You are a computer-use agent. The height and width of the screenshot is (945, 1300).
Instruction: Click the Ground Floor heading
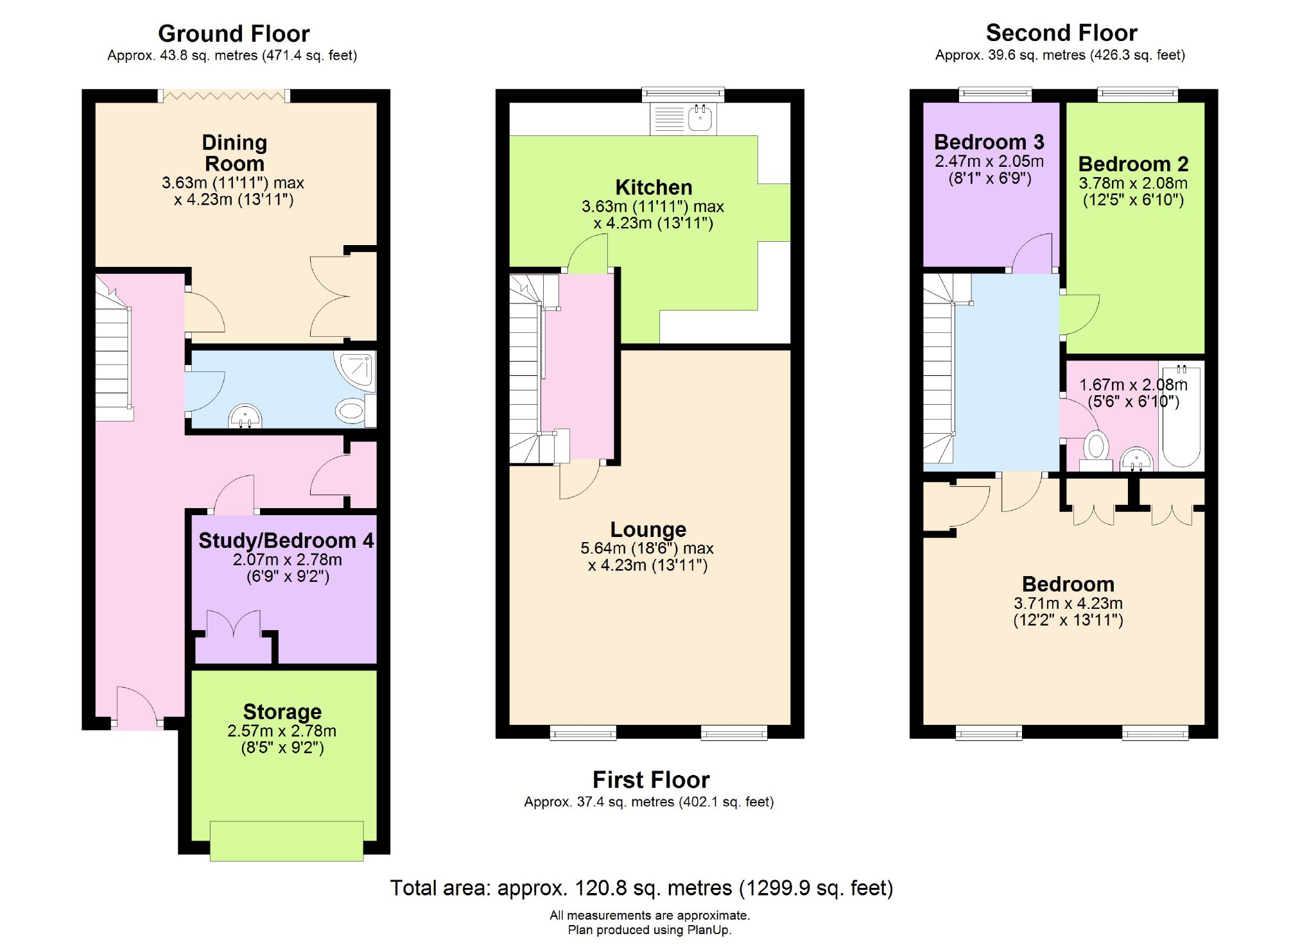tap(234, 33)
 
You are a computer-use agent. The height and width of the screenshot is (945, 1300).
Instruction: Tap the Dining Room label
tap(234, 153)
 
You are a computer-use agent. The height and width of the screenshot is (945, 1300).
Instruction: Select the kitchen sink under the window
tap(683, 119)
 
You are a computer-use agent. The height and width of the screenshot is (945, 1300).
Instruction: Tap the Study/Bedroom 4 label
tap(286, 541)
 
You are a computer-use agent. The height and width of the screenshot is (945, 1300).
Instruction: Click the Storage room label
tap(282, 711)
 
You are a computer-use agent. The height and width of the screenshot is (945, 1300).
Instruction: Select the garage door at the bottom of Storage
tap(286, 840)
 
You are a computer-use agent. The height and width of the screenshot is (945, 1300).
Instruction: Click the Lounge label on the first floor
tap(648, 529)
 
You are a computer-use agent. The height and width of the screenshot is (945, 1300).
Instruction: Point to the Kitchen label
tap(654, 187)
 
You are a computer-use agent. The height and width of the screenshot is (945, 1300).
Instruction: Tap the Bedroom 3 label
tap(989, 142)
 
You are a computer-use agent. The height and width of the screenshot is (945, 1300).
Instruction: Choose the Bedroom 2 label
tap(1133, 164)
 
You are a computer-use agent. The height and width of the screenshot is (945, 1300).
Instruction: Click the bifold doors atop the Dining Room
tap(225, 96)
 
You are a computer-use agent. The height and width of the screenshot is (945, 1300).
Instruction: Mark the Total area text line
tap(642, 888)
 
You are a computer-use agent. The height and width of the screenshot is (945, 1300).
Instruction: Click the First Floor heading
tap(651, 779)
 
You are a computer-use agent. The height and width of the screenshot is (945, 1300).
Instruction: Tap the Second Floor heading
tap(1061, 33)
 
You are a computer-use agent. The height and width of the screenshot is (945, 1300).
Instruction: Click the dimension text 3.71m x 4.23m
tap(1068, 603)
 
